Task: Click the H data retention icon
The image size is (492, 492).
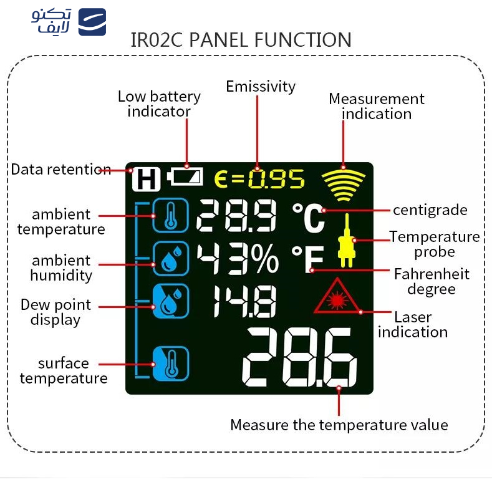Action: click(x=146, y=180)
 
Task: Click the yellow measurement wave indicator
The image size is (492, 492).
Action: click(x=342, y=185)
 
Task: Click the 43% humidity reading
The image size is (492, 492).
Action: click(x=238, y=259)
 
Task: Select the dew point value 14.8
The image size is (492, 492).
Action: click(x=243, y=302)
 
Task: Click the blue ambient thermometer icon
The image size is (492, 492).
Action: click(x=170, y=215)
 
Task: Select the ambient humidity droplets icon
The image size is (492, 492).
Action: click(x=170, y=258)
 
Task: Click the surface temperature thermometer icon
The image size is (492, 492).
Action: click(x=170, y=364)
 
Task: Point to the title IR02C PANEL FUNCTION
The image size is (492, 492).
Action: click(x=241, y=40)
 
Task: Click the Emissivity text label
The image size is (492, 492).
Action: click(x=261, y=86)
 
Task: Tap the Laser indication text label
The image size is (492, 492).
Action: click(x=412, y=324)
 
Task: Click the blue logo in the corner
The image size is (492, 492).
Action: click(x=92, y=22)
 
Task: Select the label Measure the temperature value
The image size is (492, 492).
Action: click(x=339, y=425)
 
